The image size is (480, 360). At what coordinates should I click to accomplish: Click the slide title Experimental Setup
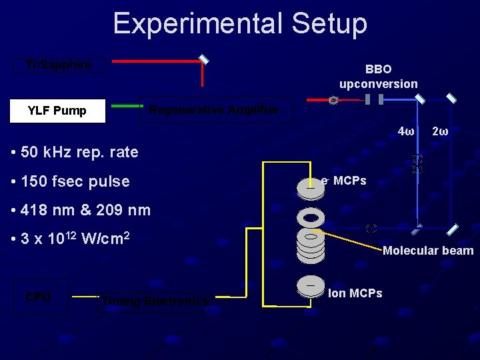tap(240, 23)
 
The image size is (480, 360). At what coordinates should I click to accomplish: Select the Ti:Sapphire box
tap(59, 65)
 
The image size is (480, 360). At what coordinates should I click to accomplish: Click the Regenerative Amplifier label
tap(213, 110)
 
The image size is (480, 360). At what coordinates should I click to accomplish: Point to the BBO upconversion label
tap(378, 76)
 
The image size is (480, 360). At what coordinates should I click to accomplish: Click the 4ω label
tap(406, 131)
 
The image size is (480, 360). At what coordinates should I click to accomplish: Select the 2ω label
tap(440, 131)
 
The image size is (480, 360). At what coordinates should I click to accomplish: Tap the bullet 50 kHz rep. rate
tap(75, 152)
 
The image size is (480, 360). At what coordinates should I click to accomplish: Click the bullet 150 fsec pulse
tap(71, 181)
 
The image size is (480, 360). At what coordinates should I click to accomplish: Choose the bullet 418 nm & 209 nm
tap(81, 211)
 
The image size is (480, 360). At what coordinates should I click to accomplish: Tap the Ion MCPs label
tap(355, 293)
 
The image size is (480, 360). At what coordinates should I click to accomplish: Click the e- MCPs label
tap(343, 181)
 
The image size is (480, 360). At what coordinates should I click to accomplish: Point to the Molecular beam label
tap(428, 251)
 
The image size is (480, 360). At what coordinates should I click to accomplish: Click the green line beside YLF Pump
tap(127, 106)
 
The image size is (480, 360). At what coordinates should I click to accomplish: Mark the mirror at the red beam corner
tap(204, 60)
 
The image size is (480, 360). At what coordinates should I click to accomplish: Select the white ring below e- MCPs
tap(311, 217)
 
